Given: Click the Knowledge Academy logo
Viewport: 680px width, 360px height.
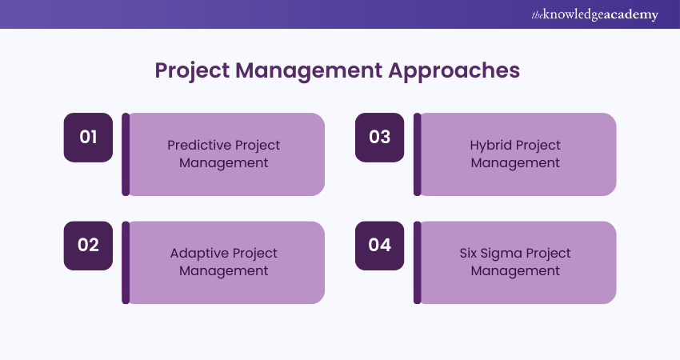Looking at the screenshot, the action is coord(594,14).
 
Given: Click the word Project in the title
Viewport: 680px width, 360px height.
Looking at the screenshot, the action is coord(192,70).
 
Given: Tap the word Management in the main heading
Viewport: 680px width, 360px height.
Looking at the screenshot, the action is coord(309,70).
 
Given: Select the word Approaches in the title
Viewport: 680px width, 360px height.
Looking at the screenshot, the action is coord(454,70).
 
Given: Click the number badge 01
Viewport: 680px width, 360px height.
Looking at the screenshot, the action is coord(88,138).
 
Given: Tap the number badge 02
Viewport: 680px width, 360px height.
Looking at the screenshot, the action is coord(88,246).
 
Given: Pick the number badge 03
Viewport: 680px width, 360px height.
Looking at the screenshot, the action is coord(379,138).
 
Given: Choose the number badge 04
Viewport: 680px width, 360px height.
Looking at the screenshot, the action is coord(379,246).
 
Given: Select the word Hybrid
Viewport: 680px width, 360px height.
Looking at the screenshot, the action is coord(488,146).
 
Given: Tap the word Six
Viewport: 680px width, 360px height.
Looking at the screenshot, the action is coord(468,253).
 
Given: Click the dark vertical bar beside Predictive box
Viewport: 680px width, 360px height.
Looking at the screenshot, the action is coord(126,154).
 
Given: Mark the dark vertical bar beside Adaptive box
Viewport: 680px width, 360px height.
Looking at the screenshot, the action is coord(126,262).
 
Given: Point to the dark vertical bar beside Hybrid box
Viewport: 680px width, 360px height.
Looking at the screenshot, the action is coord(417,154).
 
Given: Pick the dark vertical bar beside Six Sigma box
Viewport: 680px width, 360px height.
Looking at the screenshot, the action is coord(417,262).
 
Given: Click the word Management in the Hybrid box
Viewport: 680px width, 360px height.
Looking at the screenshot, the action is coord(515,163).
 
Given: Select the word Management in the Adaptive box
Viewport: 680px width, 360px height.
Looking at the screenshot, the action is coord(224,271).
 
